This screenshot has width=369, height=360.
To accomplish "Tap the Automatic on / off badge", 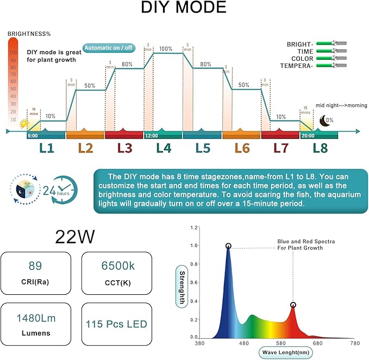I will (x=109, y=48).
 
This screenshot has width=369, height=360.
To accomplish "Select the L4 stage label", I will (x=164, y=148).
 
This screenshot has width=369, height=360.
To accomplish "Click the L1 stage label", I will (x=46, y=148).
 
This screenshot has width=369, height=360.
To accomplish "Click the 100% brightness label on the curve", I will (x=166, y=48).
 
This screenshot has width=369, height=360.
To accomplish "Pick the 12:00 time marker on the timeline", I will (x=151, y=136).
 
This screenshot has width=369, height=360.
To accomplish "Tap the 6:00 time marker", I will (x=33, y=136).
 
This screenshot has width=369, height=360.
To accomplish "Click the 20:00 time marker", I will (x=307, y=136).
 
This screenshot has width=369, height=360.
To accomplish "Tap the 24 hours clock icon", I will (x=61, y=189).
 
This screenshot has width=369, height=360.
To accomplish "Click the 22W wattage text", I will (x=76, y=236).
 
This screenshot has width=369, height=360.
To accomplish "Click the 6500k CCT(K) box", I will (x=116, y=274).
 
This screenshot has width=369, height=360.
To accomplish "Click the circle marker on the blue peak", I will (x=228, y=246).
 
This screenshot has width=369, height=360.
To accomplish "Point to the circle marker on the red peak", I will (x=293, y=305).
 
